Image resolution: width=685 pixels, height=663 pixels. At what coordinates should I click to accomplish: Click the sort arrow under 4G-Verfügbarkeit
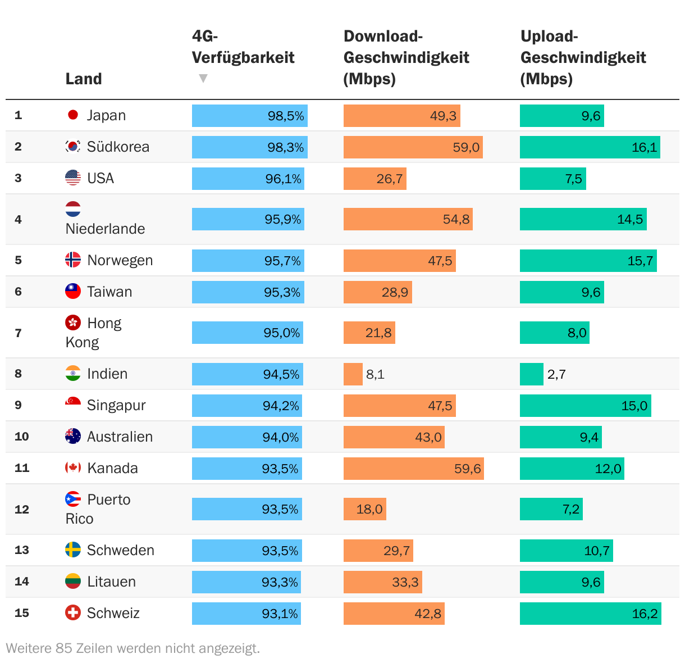coord(203,79)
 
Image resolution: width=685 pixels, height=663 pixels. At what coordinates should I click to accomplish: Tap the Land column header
coord(84,79)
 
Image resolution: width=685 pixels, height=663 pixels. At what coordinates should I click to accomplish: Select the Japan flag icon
coord(73,115)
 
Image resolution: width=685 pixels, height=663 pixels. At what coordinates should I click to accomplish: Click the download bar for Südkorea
coord(413,147)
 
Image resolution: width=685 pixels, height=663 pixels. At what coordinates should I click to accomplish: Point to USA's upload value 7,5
coord(573,179)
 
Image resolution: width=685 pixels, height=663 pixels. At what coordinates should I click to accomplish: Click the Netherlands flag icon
coord(73,210)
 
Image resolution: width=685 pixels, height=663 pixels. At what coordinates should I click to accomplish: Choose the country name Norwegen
coord(120,260)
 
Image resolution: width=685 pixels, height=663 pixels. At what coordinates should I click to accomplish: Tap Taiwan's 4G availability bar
coord(248,292)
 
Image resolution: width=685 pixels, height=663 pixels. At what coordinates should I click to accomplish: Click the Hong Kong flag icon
coord(73,323)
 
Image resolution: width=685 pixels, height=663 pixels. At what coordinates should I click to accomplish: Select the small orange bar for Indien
coord(353,374)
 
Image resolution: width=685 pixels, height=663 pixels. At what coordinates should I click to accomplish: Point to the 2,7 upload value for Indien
coord(556,374)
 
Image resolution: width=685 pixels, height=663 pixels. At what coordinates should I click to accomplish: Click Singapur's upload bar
coord(585,406)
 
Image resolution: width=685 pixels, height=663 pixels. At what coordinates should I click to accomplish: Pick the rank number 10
coord(22,437)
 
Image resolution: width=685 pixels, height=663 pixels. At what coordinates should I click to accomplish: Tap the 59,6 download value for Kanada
coord(467,469)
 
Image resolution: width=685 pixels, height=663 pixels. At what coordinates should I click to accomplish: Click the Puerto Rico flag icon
coord(73,499)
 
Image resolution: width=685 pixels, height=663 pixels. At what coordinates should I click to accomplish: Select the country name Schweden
coord(120,550)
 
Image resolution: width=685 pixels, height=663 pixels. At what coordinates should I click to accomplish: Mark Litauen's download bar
coord(382,582)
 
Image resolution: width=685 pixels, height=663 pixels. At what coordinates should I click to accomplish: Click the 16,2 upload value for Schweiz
coord(645,614)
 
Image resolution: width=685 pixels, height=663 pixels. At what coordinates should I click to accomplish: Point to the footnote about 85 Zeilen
coord(133,648)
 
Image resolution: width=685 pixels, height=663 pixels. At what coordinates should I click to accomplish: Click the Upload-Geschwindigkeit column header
coord(583,57)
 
